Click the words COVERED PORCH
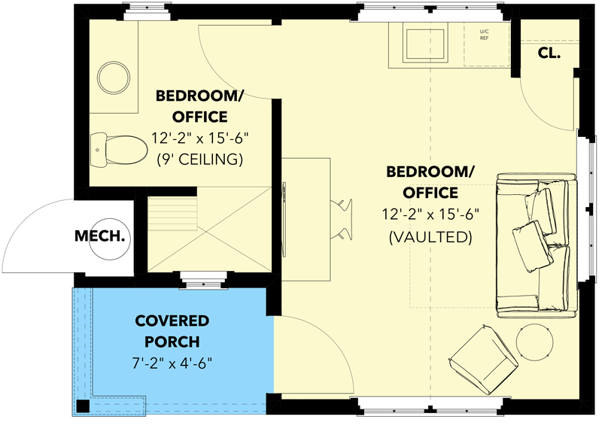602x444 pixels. (172, 332)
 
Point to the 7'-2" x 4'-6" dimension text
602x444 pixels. (172, 363)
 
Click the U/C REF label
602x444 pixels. (484, 34)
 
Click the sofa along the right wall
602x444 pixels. (537, 242)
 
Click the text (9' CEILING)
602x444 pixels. (200, 159)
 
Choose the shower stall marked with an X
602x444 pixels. (208, 229)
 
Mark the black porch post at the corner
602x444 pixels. (81, 406)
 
